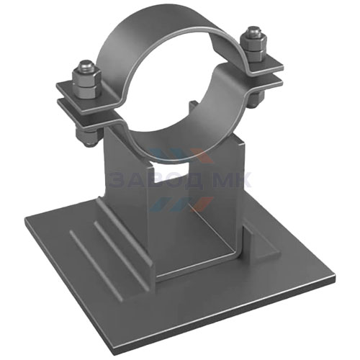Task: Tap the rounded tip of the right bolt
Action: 253,30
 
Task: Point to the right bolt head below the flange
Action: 257,98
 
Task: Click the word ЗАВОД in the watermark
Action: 154,179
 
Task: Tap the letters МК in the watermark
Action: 233,179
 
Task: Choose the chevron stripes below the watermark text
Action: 180,204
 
